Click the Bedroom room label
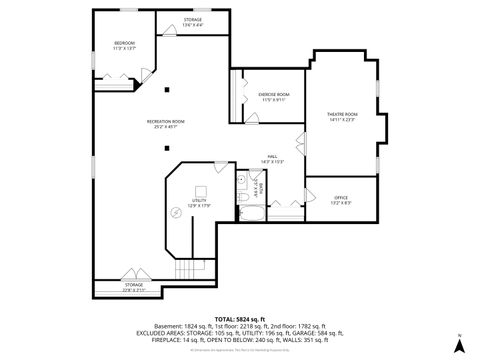[x=124, y=45]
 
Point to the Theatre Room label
[x=342, y=117]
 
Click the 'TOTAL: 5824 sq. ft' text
[x=239, y=318]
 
